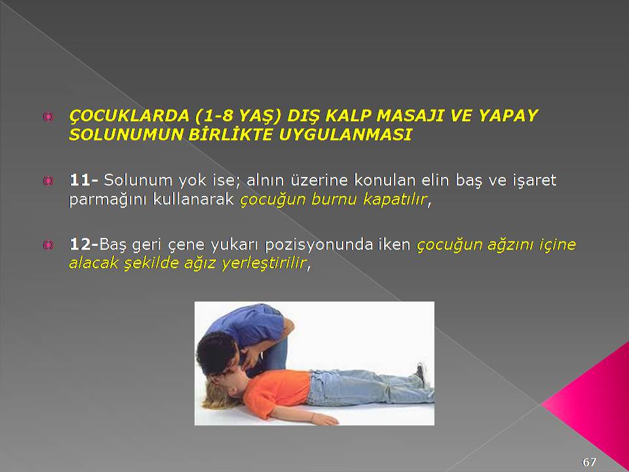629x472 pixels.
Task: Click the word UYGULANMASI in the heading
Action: tap(345, 134)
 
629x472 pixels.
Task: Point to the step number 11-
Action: tap(83, 180)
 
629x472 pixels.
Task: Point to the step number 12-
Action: tap(83, 244)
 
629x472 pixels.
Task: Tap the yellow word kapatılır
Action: tap(394, 199)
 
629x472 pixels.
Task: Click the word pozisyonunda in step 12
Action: tap(319, 245)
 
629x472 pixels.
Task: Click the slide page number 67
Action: tap(589, 462)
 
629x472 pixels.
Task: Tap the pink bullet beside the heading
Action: tap(48, 117)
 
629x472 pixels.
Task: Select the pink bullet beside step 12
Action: tap(48, 245)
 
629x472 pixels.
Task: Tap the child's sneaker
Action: tap(420, 374)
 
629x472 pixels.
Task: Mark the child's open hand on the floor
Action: tap(325, 420)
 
